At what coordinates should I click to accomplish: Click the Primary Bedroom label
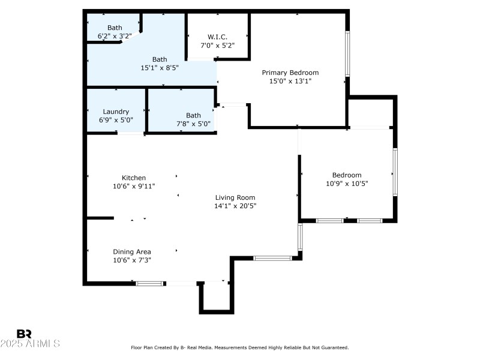pyautogui.click(x=290, y=73)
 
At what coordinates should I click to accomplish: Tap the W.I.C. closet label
pyautogui.click(x=217, y=37)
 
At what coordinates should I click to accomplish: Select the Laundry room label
pyautogui.click(x=116, y=112)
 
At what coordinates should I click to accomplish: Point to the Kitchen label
pyautogui.click(x=134, y=178)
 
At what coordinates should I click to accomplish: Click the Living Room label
pyautogui.click(x=235, y=197)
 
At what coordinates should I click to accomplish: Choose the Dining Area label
pyautogui.click(x=132, y=251)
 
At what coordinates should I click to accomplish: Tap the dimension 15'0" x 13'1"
pyautogui.click(x=290, y=81)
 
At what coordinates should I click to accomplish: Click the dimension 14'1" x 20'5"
pyautogui.click(x=235, y=206)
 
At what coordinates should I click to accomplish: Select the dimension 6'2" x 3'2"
pyautogui.click(x=114, y=36)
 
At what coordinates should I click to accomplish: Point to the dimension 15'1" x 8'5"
pyautogui.click(x=160, y=68)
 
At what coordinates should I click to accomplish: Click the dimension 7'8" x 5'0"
pyautogui.click(x=193, y=124)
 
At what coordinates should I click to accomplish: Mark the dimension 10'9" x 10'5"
pyautogui.click(x=347, y=184)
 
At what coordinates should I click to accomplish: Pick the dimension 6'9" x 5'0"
pyautogui.click(x=116, y=120)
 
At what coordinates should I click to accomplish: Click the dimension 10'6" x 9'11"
pyautogui.click(x=134, y=186)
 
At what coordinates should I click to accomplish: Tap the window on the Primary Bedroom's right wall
pyautogui.click(x=347, y=53)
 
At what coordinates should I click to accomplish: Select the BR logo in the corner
pyautogui.click(x=24, y=334)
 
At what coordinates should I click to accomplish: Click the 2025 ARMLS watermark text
pyautogui.click(x=30, y=344)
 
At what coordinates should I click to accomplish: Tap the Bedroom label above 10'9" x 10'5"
pyautogui.click(x=347, y=175)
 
